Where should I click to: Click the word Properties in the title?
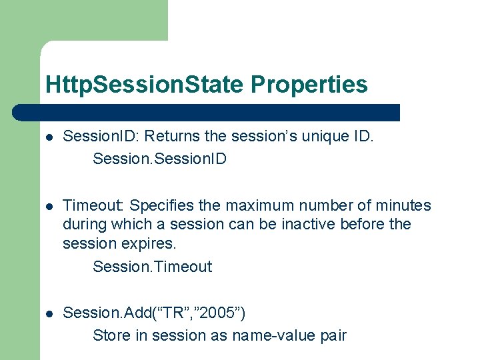pyautogui.click(x=309, y=85)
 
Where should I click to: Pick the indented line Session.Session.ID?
pyautogui.click(x=160, y=159)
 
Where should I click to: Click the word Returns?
pyautogui.click(x=173, y=137)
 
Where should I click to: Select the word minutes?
pyautogui.click(x=403, y=205)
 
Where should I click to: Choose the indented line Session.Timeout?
pyautogui.click(x=152, y=267)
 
